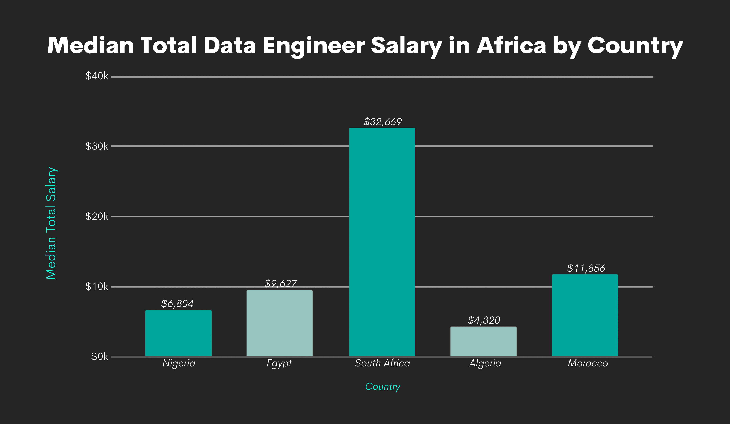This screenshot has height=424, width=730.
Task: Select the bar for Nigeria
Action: pos(178,333)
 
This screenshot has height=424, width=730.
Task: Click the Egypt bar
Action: pos(280,323)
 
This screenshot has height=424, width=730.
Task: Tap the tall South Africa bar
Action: pos(382,242)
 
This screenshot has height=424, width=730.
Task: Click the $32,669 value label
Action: pos(382,122)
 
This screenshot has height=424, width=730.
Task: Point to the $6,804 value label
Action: pos(177,303)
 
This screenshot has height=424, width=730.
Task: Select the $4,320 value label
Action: pos(484,320)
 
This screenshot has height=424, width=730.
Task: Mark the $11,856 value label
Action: pos(586,268)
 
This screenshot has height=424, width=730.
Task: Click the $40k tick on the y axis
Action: pos(97,76)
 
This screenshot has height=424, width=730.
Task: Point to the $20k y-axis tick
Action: pos(97,216)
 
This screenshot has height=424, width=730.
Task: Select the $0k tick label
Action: pos(99,356)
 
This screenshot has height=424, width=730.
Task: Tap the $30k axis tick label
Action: pos(97,146)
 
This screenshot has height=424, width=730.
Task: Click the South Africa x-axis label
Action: pos(382,363)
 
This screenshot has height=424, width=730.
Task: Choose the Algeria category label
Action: pos(485,363)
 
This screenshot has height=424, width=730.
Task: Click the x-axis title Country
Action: pos(382,386)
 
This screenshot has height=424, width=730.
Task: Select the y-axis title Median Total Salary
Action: pos(51,223)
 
